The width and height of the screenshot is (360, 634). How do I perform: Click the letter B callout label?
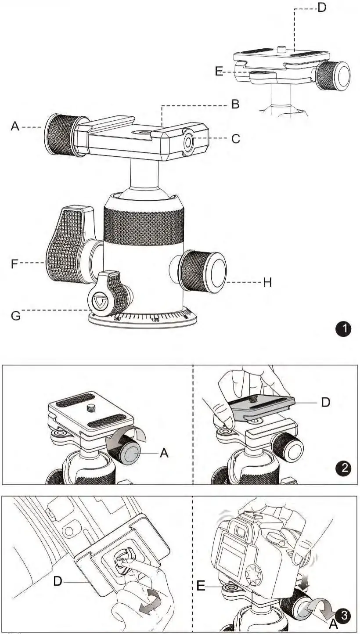(235, 104)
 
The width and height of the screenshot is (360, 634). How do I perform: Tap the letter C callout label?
(236, 139)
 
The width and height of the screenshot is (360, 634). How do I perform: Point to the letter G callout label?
(16, 316)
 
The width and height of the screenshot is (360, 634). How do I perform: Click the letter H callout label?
(267, 282)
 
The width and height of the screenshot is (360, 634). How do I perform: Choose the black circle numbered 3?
(344, 616)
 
